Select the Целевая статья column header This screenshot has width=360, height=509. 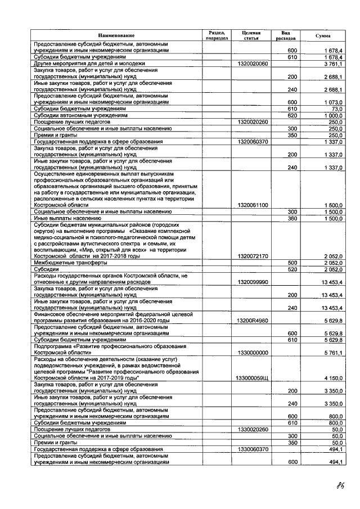pos(253,35)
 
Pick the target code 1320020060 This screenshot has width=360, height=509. pos(253,64)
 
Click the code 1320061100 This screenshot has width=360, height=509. pos(253,205)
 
